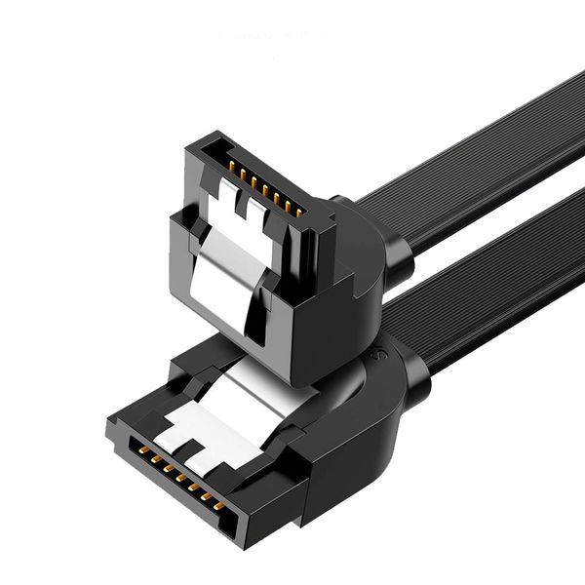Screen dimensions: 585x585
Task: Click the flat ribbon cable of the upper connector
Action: (468, 156)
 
